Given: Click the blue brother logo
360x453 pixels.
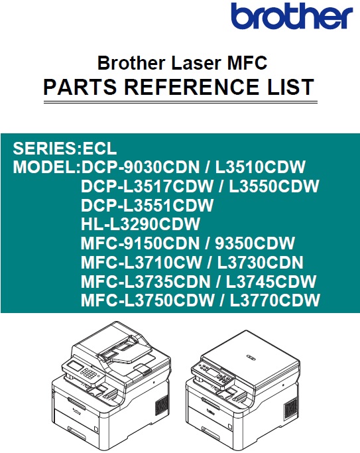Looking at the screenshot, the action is click(292, 15).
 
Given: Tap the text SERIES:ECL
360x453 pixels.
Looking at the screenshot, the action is click(65, 148).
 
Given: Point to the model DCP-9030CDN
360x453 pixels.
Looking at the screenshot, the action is click(141, 167).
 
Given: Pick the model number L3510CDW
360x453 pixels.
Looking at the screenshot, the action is click(260, 167).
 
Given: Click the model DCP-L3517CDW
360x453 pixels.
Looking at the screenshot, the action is click(147, 186).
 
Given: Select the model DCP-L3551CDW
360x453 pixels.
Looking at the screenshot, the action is click(147, 205).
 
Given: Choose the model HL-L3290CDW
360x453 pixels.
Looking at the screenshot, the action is click(141, 224).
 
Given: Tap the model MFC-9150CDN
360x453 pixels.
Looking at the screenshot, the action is click(141, 243).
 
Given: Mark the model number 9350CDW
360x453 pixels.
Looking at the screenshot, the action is click(255, 243).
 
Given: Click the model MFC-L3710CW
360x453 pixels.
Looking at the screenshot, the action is click(141, 263).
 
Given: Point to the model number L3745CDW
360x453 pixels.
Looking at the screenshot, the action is click(271, 281).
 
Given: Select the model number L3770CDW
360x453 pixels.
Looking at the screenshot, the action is click(275, 300).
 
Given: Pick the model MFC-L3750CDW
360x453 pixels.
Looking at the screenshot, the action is click(148, 300).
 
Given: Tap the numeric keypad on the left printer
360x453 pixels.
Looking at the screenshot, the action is click(90, 374).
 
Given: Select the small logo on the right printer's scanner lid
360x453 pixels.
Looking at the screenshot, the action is click(251, 358).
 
